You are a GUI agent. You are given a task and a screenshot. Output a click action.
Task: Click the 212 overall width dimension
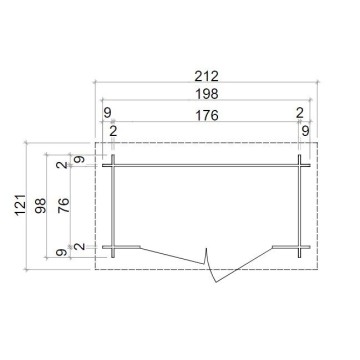point(207,76)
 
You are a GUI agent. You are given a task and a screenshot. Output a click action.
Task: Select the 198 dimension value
point(207,94)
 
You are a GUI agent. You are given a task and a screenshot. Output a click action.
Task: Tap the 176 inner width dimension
point(207,115)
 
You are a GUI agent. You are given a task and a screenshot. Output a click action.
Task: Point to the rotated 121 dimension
point(21,205)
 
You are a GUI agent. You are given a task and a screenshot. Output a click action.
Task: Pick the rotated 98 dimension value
point(41,206)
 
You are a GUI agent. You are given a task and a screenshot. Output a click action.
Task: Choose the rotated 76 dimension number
point(63,205)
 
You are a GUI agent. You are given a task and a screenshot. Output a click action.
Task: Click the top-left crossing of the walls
point(113,165)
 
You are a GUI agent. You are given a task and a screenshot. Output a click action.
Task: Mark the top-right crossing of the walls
point(299,165)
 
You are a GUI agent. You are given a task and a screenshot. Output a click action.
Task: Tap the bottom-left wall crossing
point(113,247)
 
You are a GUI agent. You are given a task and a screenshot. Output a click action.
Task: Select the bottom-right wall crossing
point(299,247)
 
